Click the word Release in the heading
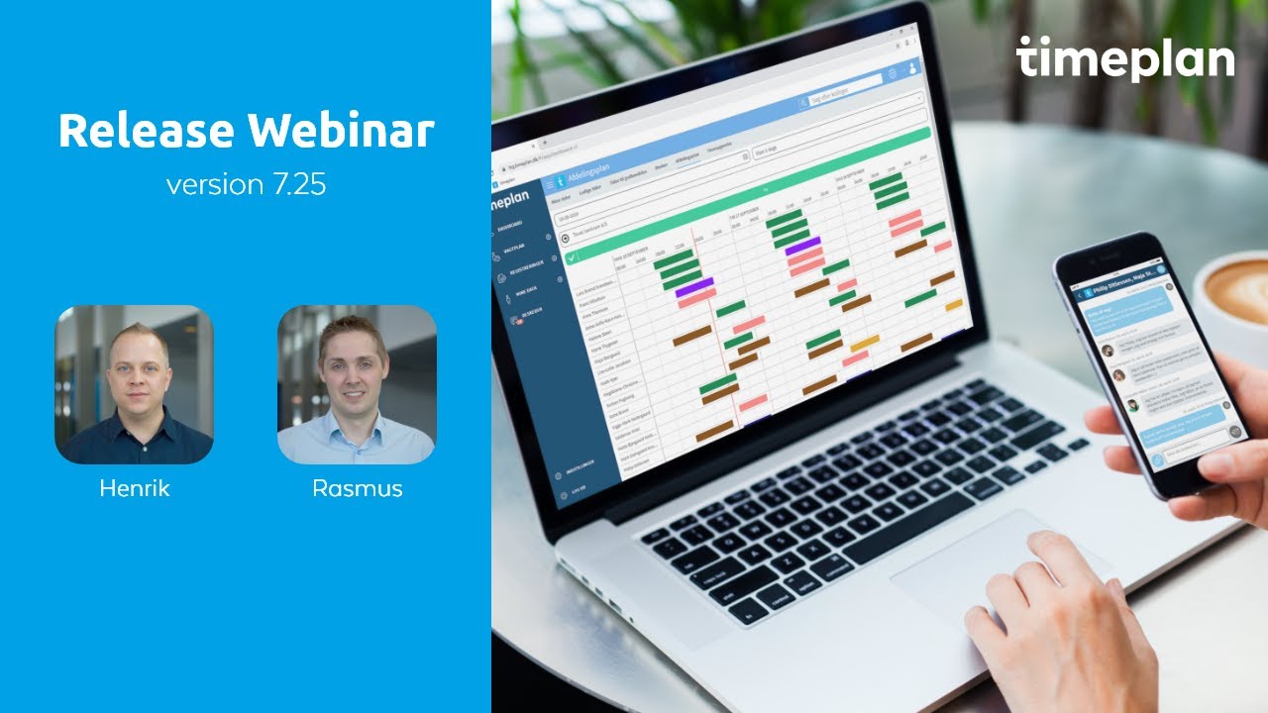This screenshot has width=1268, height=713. pos(146,131)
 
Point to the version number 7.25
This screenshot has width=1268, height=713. pos(299,185)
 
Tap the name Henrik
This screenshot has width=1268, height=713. pos(134,488)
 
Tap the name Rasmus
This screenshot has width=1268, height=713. pos(357,488)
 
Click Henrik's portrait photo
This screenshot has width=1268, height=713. pos(134,384)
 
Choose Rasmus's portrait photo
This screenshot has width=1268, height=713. pos(357,384)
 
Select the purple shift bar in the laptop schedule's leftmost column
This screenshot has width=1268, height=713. pos(694,287)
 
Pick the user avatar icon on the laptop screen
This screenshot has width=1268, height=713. pos(911,70)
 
